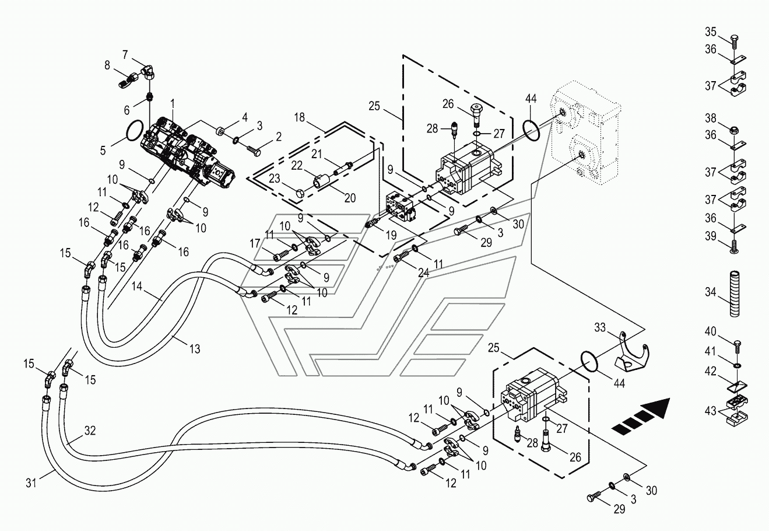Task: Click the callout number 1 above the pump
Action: click(x=173, y=103)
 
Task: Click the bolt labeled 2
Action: click(x=254, y=150)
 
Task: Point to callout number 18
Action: click(x=299, y=117)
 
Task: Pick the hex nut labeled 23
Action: click(x=300, y=194)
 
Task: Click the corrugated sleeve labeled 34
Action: click(x=735, y=294)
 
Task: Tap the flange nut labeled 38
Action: click(x=735, y=131)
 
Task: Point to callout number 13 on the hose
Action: click(x=195, y=349)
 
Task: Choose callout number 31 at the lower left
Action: click(x=31, y=483)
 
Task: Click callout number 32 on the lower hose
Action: click(x=90, y=431)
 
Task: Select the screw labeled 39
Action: click(x=735, y=247)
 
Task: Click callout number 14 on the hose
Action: click(x=136, y=286)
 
